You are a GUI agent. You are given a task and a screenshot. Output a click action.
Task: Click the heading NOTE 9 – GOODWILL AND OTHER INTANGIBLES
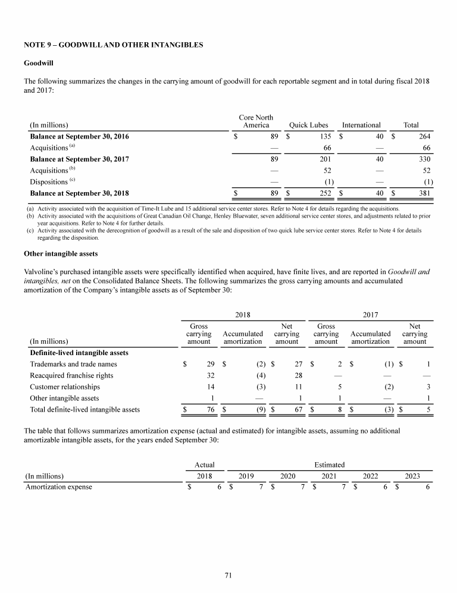click(x=114, y=45)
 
